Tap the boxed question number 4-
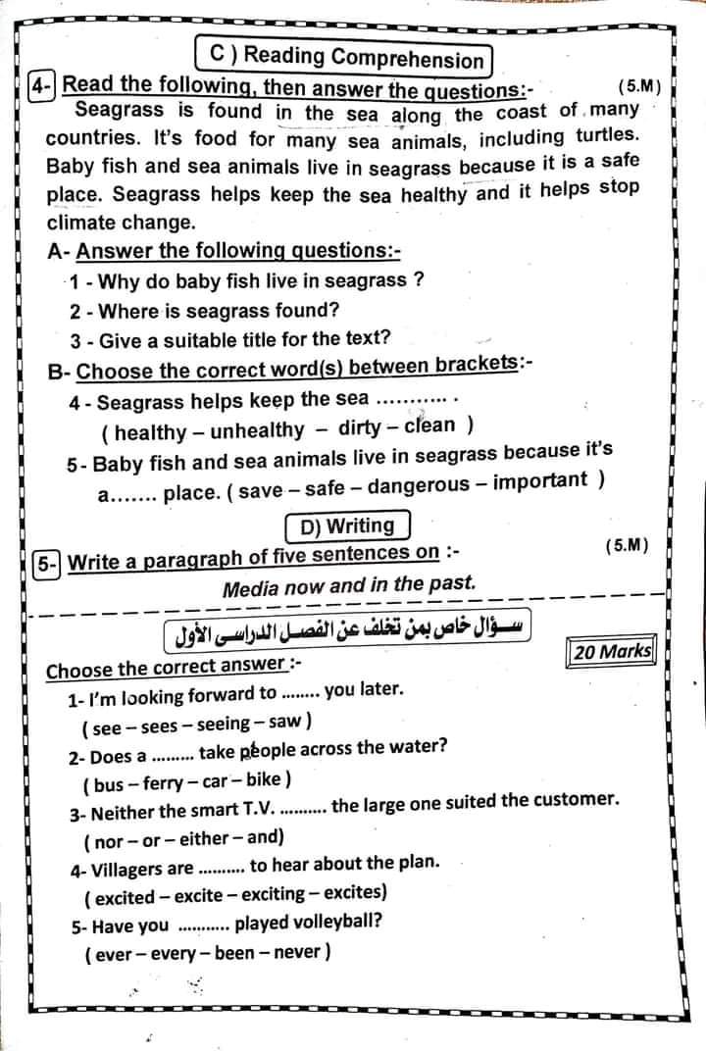41,85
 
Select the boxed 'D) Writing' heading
347,526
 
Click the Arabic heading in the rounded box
347,629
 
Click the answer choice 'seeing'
225,726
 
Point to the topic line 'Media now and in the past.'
349,587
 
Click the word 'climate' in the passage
81,222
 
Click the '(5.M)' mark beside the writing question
628,543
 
